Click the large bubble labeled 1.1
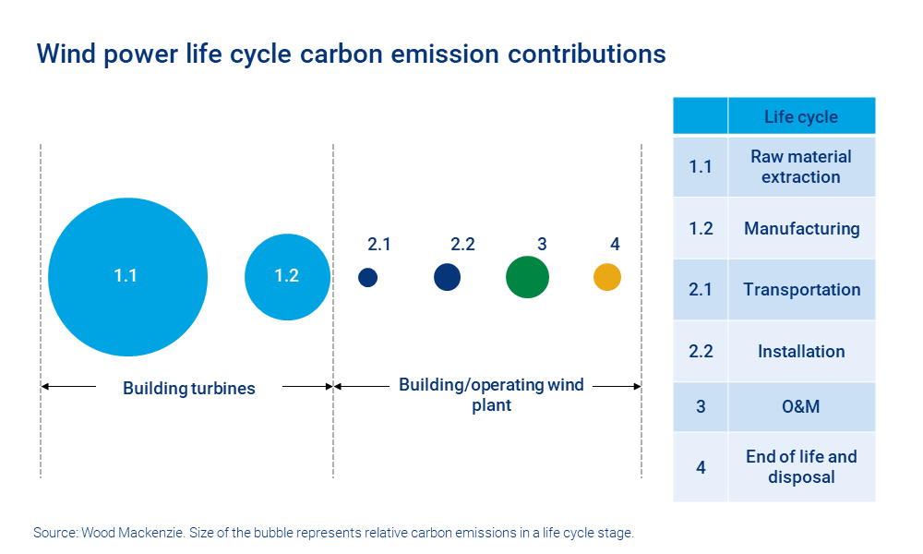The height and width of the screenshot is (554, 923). [x=127, y=276]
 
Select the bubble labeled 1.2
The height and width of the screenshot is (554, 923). [x=287, y=277]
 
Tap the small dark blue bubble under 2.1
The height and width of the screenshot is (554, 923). [x=368, y=277]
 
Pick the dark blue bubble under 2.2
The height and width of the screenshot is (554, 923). [x=447, y=276]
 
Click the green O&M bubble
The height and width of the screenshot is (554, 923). [x=527, y=277]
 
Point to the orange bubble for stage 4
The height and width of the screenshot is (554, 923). [x=606, y=277]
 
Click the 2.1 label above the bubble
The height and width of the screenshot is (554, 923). [x=379, y=245]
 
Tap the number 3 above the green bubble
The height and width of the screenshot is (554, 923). [x=542, y=245]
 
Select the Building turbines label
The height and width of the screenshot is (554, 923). [x=188, y=389]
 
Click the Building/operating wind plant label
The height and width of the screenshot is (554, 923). [x=491, y=394]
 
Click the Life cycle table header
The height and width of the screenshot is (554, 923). [x=800, y=116]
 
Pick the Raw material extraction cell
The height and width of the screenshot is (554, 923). [x=800, y=166]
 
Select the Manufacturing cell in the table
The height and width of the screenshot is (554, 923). [x=800, y=228]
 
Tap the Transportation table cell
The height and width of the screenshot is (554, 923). [x=800, y=290]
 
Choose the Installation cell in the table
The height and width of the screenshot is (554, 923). [x=800, y=352]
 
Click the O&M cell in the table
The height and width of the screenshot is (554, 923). [x=800, y=406]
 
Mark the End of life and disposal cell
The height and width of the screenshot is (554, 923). [x=800, y=467]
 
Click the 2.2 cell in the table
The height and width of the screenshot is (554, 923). [x=701, y=352]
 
